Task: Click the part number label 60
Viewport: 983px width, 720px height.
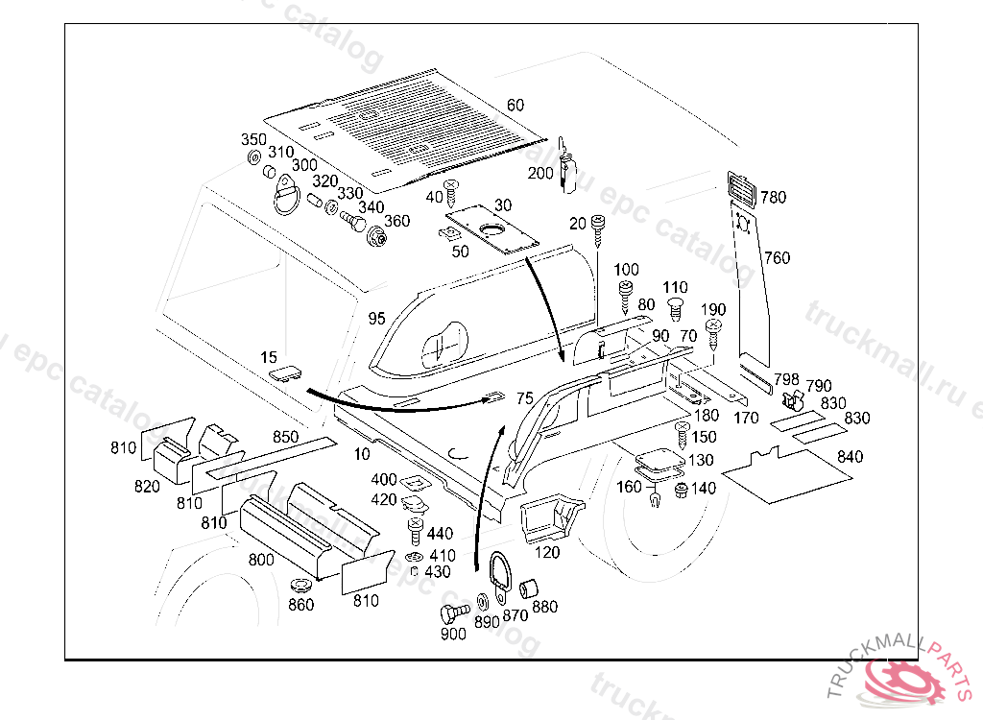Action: click(x=515, y=105)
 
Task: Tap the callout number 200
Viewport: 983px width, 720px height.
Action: click(x=540, y=173)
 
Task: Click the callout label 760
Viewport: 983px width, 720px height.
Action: click(x=777, y=257)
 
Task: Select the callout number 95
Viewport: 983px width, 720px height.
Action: click(x=375, y=317)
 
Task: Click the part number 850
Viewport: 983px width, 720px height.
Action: click(x=285, y=437)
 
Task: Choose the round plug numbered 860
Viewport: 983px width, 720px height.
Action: click(x=300, y=586)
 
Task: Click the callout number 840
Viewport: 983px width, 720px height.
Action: click(x=850, y=457)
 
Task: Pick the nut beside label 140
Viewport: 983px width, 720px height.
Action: click(x=681, y=491)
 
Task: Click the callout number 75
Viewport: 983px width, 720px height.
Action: click(x=524, y=398)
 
